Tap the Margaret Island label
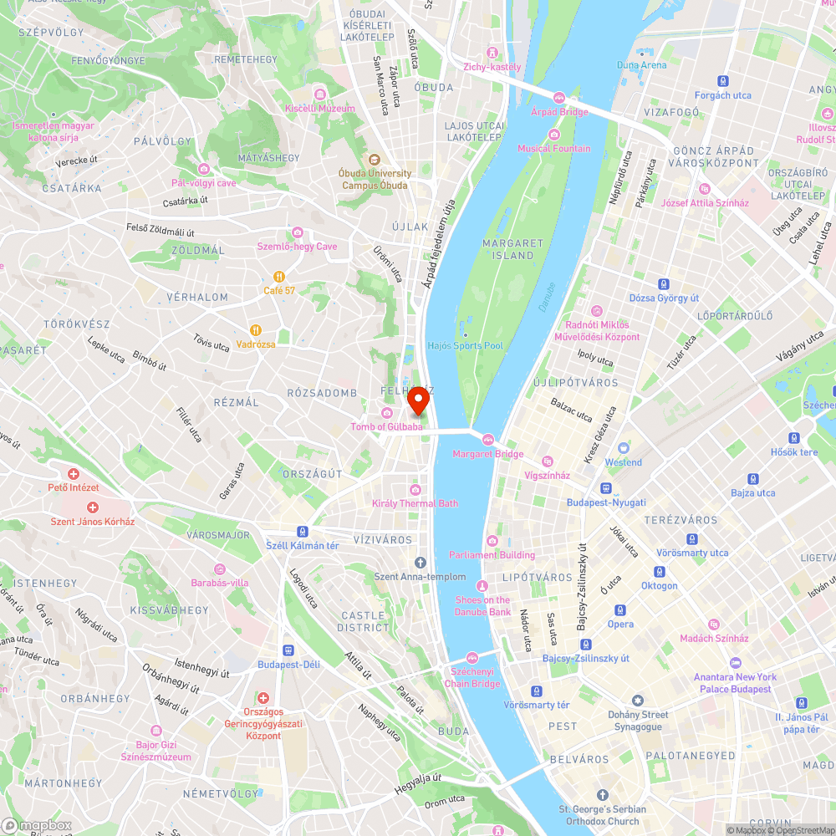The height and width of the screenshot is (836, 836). click(512, 248)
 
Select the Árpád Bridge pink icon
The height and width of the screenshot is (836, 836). click(559, 98)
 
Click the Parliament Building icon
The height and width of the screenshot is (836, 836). click(492, 541)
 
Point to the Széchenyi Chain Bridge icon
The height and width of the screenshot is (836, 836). click(472, 657)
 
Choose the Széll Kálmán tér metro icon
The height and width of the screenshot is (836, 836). click(302, 532)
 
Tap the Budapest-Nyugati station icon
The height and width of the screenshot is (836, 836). click(606, 488)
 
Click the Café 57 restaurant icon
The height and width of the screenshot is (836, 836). click(279, 277)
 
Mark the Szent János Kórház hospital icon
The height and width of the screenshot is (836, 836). click(92, 507)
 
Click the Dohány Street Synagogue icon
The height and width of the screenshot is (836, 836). click(638, 701)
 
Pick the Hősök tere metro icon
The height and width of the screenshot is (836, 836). click(793, 438)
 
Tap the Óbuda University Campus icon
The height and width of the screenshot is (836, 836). click(373, 159)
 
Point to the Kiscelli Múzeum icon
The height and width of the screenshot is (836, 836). click(319, 94)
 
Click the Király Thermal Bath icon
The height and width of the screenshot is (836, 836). click(415, 490)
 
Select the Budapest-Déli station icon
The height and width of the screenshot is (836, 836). click(288, 650)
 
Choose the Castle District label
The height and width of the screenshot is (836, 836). click(364, 621)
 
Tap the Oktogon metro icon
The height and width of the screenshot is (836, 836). click(660, 572)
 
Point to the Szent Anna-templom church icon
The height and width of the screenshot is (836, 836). click(421, 562)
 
